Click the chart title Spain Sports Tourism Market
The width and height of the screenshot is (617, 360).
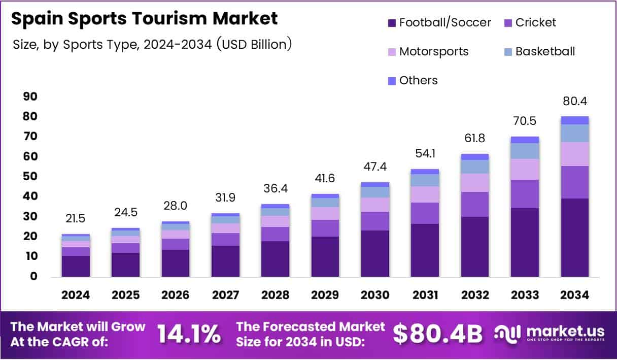tap(144, 19)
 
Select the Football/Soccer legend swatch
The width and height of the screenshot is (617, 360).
tap(392, 23)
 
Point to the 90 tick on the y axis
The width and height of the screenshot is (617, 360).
tap(30, 96)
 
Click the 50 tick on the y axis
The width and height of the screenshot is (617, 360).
tap(30, 176)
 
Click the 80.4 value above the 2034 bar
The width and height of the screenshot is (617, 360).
tap(574, 101)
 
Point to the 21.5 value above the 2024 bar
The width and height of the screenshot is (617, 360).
tap(76, 218)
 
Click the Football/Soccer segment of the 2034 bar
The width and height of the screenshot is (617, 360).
tap(574, 238)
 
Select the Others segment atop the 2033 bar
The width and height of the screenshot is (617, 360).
tap(525, 140)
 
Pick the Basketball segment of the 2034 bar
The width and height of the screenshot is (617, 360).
tap(574, 133)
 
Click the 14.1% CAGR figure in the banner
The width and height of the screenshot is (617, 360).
tap(189, 334)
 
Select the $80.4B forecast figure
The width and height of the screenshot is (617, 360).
tap(437, 334)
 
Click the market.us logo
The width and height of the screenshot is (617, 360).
tap(550, 334)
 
